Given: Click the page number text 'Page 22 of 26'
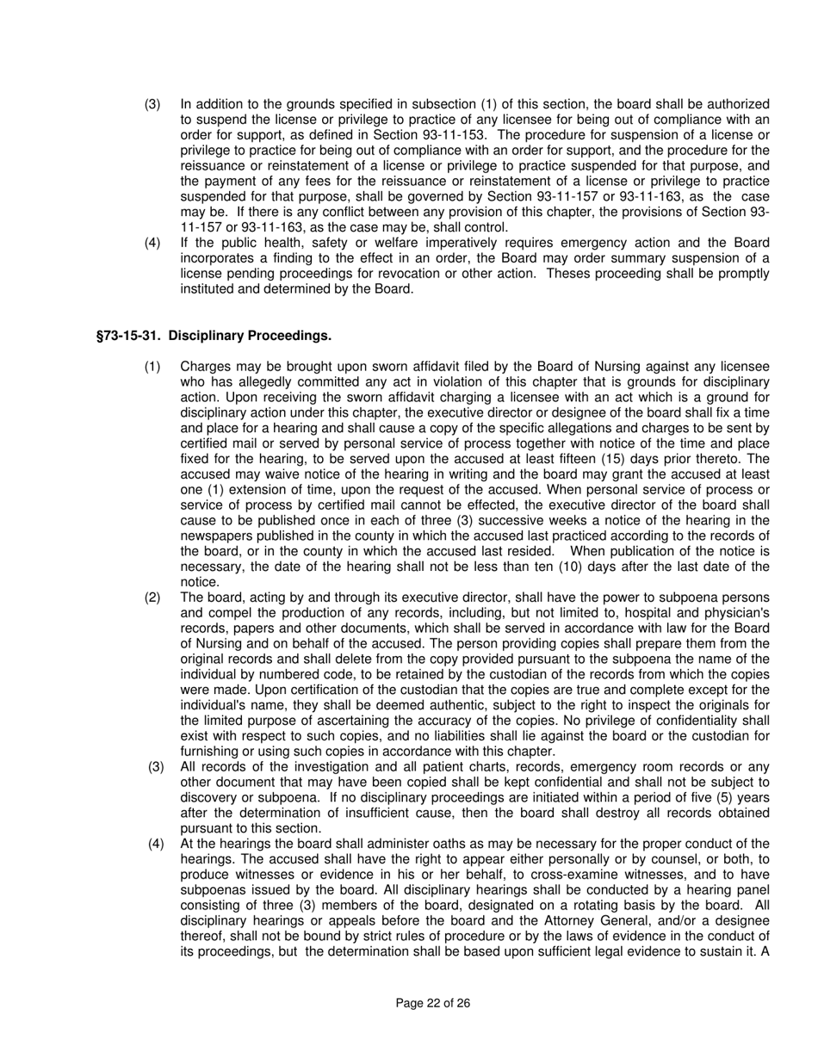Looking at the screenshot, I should click(432, 1003).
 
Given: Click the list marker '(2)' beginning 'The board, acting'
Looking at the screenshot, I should click(152, 598).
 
